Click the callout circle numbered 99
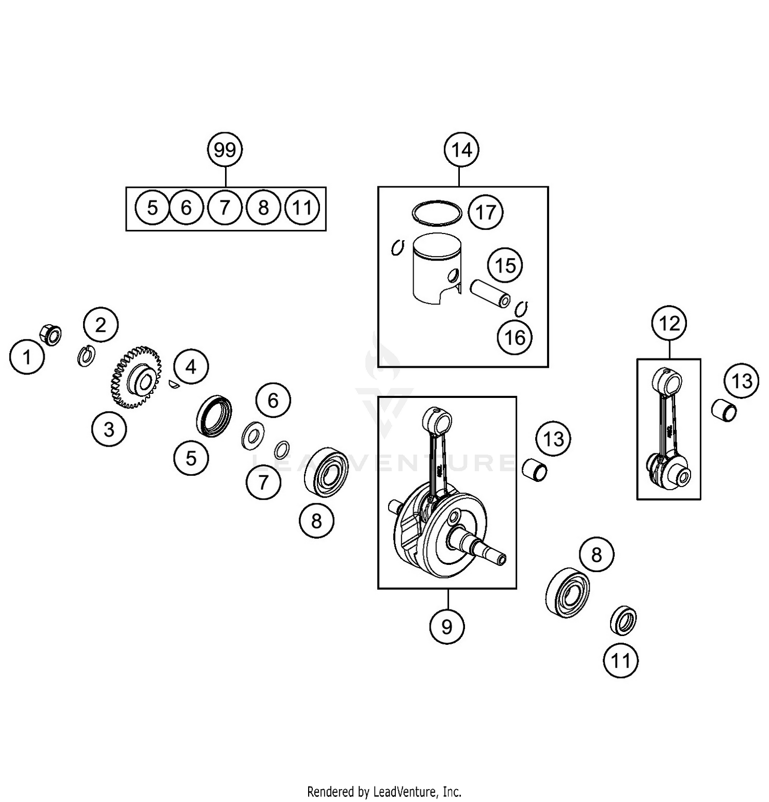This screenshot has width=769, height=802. (x=225, y=150)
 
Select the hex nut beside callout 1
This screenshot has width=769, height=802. (x=51, y=334)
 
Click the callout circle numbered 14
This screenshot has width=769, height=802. (x=461, y=150)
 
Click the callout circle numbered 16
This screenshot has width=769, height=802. (x=515, y=337)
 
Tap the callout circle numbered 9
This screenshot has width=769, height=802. (x=447, y=626)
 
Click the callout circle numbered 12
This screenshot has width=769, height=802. (x=670, y=323)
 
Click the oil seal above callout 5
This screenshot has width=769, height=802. (x=214, y=416)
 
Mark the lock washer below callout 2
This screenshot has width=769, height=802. (x=86, y=356)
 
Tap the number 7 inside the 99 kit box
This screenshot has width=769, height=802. (x=225, y=208)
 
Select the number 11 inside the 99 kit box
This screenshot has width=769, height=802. (x=302, y=208)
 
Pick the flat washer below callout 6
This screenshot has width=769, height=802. (x=252, y=435)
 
